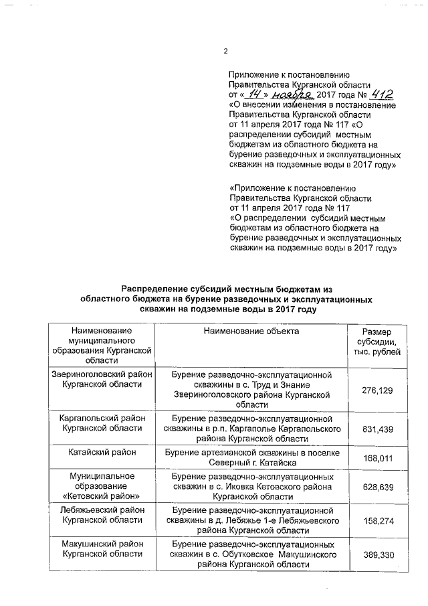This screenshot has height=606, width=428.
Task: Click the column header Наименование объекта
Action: pos(252,331)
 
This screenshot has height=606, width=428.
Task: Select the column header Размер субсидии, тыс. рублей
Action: pos(377,342)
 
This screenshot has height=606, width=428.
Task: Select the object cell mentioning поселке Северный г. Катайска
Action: pos(252,459)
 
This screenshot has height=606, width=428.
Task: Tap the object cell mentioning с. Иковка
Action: pos(252,486)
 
